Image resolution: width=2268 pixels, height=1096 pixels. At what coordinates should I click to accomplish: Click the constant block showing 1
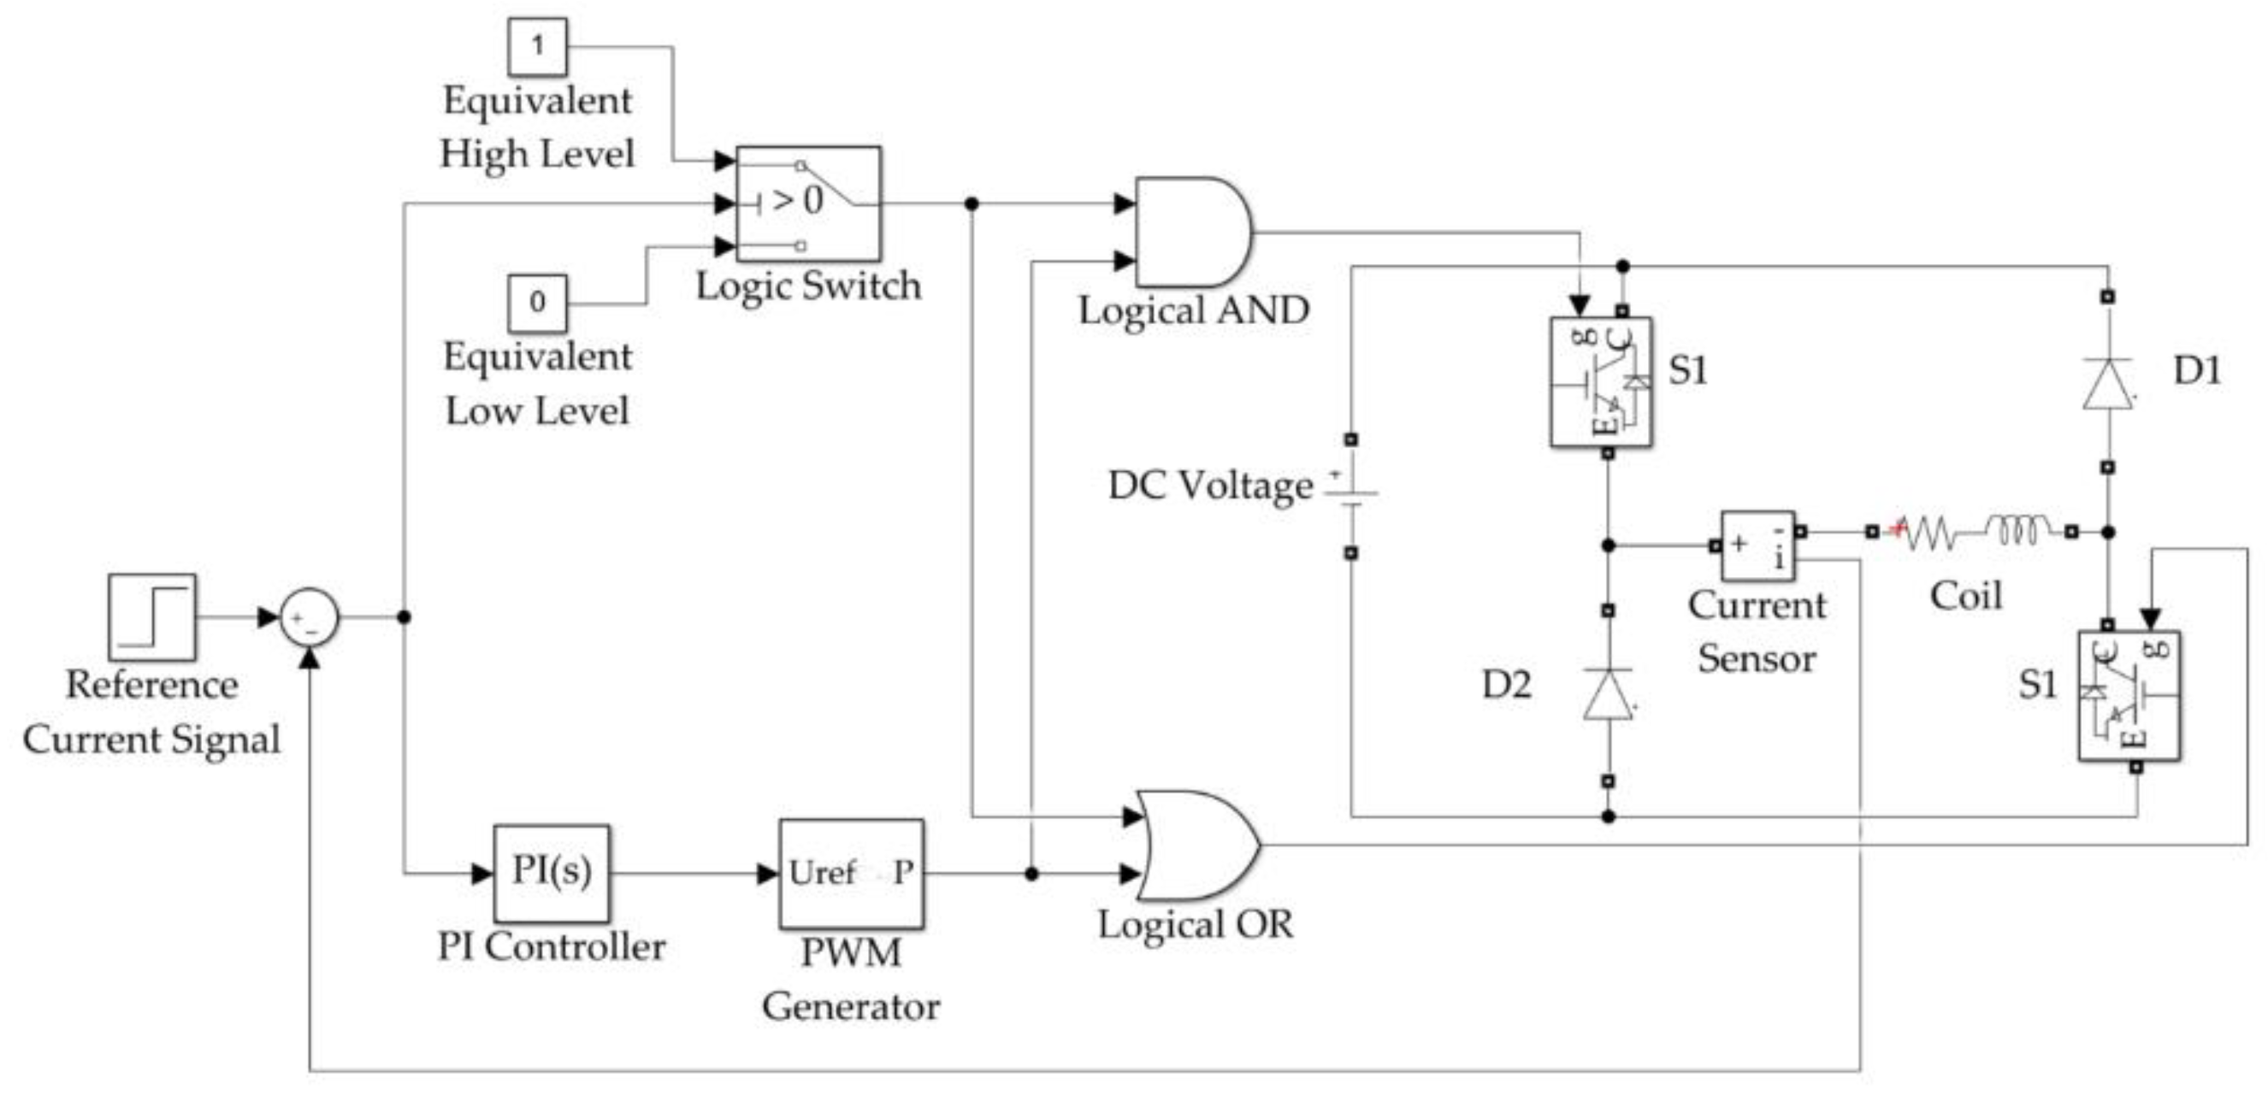point(537,47)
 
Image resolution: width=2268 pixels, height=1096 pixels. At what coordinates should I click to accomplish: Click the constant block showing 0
point(537,303)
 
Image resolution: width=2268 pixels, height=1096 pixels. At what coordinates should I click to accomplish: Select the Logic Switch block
point(808,204)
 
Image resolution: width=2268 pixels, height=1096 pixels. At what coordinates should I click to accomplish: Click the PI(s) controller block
point(551,872)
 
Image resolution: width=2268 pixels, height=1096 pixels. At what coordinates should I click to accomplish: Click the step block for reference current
point(152,617)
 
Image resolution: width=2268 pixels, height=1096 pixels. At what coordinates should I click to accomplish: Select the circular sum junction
point(309,617)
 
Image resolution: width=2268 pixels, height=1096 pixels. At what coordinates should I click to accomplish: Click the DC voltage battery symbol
point(1351,496)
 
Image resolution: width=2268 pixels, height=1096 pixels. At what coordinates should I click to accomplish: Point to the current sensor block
point(1757,545)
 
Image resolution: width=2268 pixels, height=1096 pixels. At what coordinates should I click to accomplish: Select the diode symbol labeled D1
point(2108,383)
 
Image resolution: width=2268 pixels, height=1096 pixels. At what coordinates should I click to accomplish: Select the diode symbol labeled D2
point(1608,694)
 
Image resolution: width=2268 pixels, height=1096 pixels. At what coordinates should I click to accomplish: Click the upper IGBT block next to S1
point(1601,383)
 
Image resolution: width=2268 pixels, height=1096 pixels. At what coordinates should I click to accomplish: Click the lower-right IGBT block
point(2129,695)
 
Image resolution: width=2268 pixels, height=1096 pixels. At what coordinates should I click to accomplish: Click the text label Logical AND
point(1194,310)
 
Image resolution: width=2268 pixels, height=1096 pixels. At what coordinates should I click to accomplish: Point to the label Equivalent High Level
point(537,127)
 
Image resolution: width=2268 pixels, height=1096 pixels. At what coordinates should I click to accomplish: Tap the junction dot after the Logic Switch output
point(972,204)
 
